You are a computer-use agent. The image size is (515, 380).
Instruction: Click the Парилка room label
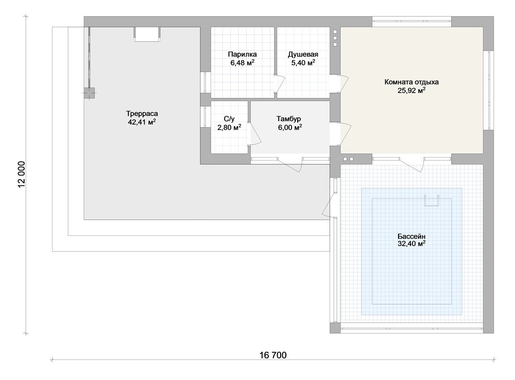[243, 54]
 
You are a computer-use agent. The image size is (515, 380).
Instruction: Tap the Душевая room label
[303, 54]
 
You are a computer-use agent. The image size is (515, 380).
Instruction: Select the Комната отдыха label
[411, 82]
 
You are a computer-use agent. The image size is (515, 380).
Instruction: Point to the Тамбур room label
[289, 118]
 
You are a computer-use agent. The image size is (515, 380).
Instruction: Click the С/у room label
[229, 118]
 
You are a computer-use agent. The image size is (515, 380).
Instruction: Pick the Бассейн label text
[411, 236]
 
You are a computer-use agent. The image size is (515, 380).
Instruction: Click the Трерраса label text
[142, 114]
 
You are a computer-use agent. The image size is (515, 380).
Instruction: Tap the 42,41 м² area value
[142, 122]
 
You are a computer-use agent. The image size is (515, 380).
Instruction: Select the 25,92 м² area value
[411, 90]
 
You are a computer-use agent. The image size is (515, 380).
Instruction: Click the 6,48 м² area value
[243, 62]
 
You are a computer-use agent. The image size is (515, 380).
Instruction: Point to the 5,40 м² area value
[303, 62]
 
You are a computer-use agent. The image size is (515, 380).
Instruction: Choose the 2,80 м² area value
[229, 127]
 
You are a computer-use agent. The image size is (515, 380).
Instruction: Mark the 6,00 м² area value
[290, 127]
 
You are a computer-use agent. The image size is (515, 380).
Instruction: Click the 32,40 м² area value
[411, 244]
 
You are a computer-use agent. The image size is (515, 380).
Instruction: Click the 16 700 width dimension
[273, 355]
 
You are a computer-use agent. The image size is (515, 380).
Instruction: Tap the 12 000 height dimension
[22, 175]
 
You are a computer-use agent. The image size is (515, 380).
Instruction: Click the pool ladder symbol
[432, 200]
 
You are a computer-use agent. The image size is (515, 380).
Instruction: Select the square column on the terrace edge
[90, 93]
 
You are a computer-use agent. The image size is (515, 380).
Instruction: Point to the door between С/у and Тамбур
[254, 133]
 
